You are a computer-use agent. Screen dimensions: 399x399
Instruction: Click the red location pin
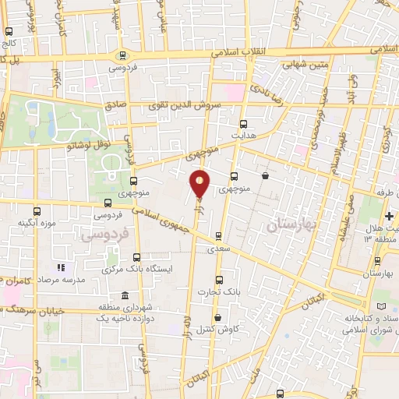(x=200, y=182)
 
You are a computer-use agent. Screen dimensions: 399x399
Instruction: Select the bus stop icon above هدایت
(x=243, y=124)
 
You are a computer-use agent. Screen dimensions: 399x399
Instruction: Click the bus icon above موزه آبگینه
(x=37, y=211)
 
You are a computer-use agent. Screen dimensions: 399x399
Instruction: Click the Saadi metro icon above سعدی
(x=218, y=235)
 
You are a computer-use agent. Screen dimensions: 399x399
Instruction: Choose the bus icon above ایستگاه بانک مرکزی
(x=137, y=257)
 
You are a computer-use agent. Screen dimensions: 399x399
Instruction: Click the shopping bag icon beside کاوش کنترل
(x=217, y=317)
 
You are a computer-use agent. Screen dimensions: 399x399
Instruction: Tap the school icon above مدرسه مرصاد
(x=62, y=268)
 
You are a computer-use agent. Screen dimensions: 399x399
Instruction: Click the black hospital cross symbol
(x=390, y=215)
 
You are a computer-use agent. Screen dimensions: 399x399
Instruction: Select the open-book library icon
(x=381, y=307)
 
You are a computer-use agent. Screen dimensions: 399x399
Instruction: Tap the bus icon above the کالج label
(x=9, y=33)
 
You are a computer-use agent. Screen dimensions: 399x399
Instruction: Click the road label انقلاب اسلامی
(x=240, y=52)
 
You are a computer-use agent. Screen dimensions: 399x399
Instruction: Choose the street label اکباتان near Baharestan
(x=312, y=300)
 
